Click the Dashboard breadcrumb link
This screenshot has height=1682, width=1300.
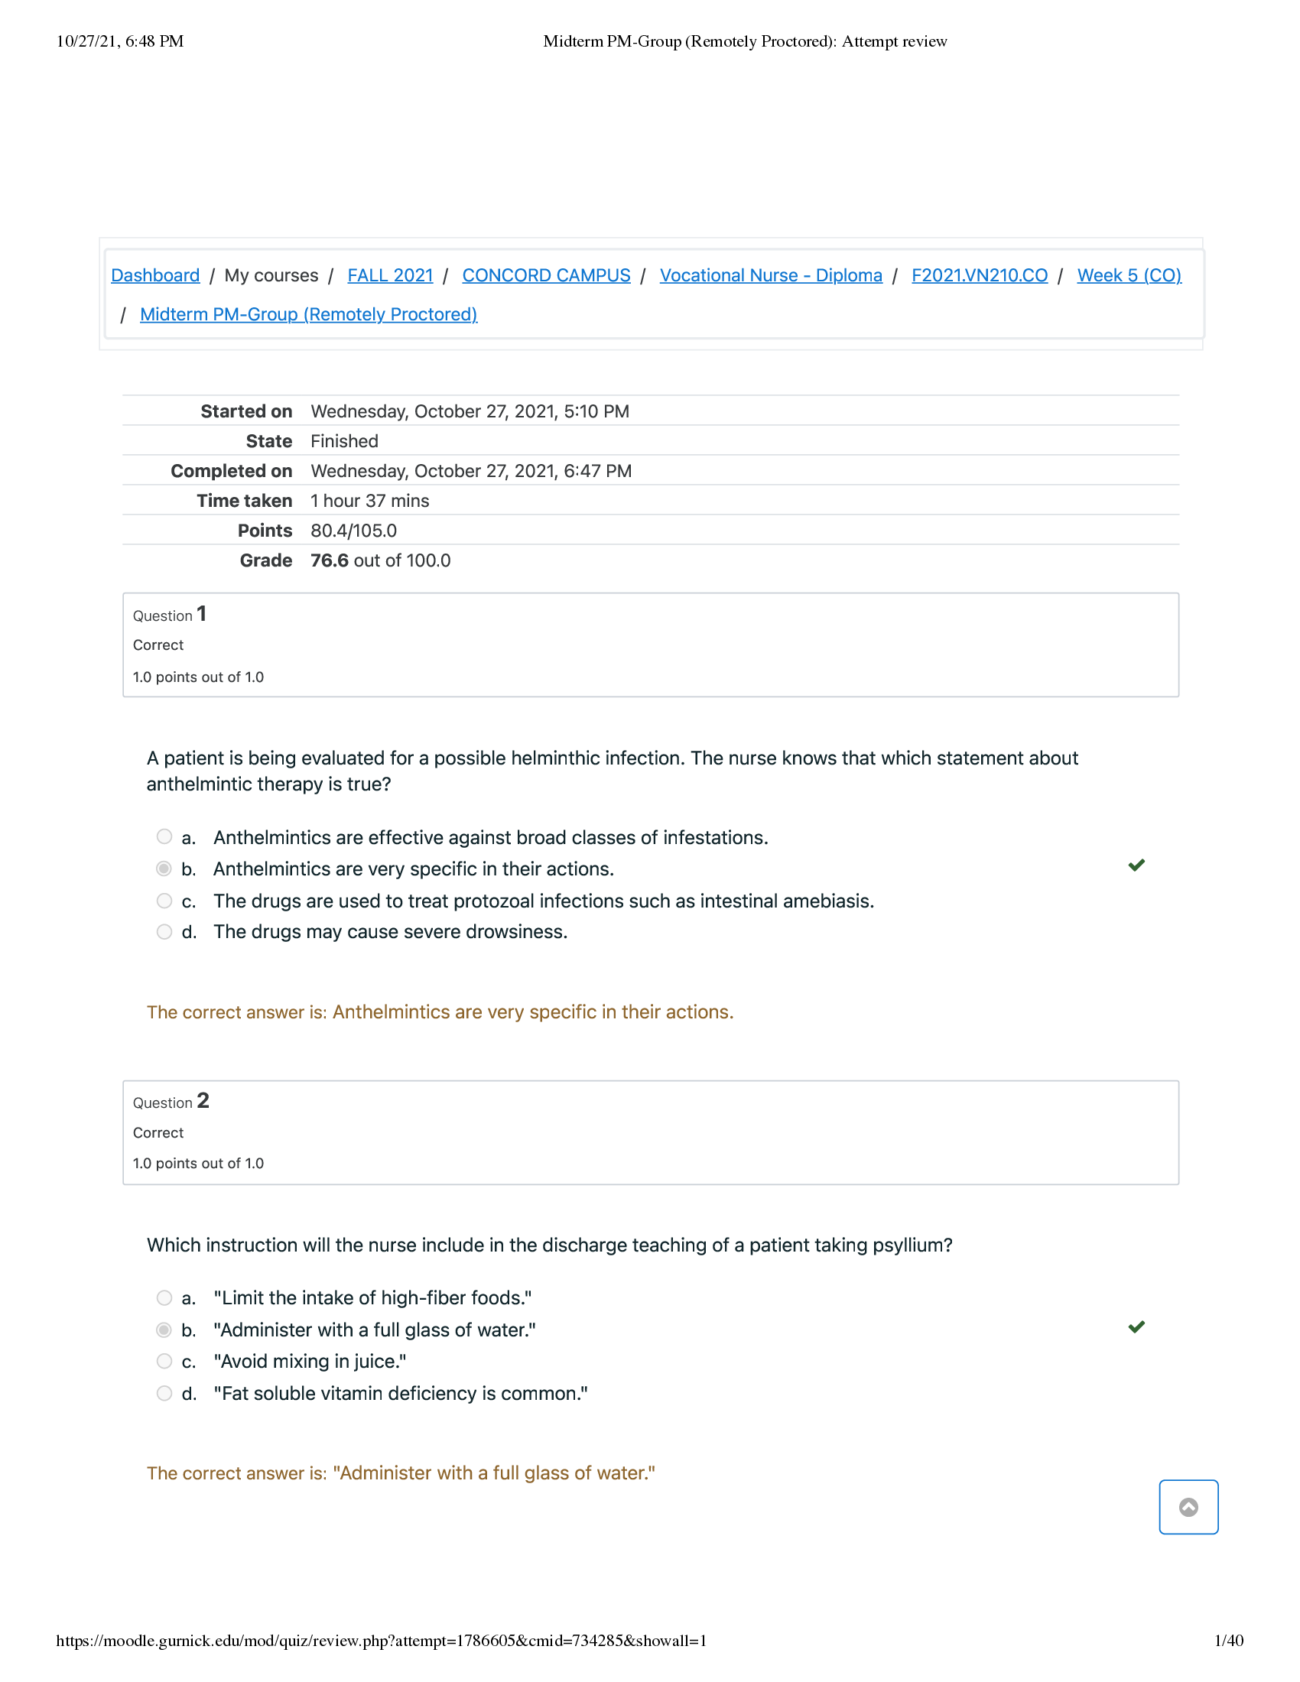[154, 275]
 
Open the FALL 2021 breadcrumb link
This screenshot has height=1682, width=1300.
[390, 275]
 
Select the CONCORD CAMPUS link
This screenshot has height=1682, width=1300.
[546, 275]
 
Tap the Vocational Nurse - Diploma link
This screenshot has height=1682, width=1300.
[770, 275]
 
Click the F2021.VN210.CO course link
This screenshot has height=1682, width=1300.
[979, 275]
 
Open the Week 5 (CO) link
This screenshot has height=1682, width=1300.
[1128, 275]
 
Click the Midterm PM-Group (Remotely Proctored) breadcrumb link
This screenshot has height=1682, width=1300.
[308, 314]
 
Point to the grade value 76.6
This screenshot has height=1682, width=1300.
[330, 560]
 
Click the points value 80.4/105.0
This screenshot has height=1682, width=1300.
[353, 531]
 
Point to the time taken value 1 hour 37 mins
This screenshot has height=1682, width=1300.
[369, 501]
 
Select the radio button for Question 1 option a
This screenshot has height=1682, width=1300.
[164, 836]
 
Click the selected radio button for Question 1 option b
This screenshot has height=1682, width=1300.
[164, 869]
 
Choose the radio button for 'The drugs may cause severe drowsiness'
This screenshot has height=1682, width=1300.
[164, 932]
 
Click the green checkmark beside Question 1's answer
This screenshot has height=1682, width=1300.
[1136, 865]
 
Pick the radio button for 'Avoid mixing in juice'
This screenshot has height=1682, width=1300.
[164, 1361]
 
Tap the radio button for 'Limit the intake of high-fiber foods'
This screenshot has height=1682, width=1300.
[164, 1297]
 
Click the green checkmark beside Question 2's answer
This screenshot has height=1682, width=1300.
[1136, 1327]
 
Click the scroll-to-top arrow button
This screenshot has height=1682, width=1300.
[1188, 1507]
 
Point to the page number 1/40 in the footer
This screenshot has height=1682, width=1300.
[1228, 1641]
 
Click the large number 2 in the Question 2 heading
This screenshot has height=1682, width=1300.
[203, 1100]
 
